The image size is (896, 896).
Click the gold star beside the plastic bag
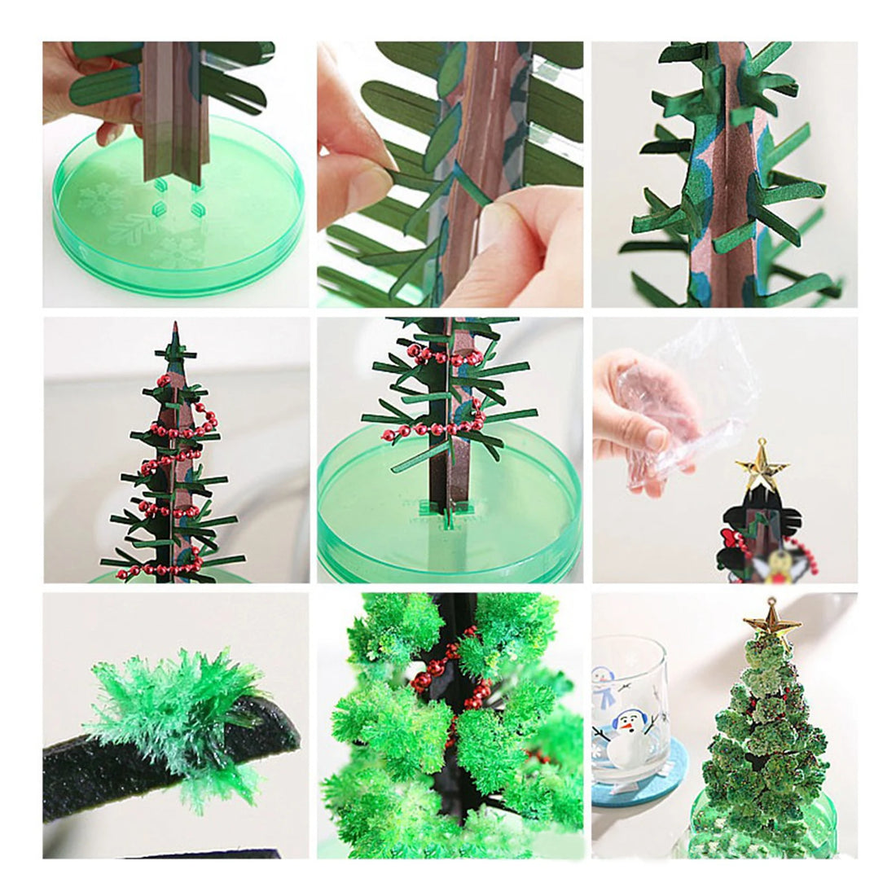[x=762, y=466]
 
